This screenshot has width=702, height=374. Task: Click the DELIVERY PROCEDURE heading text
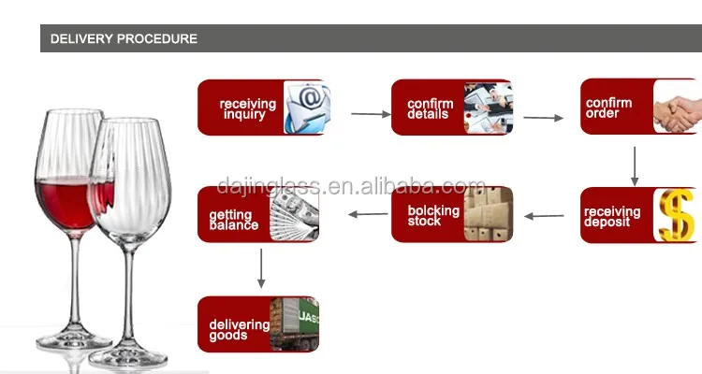pyautogui.click(x=124, y=39)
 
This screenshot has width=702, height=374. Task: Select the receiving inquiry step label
pyautogui.click(x=247, y=108)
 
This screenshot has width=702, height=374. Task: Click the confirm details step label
pyautogui.click(x=430, y=108)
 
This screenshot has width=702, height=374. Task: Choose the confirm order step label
pyautogui.click(x=608, y=108)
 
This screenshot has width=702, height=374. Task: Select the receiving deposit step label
pyautogui.click(x=612, y=217)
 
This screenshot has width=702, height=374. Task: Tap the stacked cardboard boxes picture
pyautogui.click(x=490, y=215)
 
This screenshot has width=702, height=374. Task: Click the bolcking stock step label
pyautogui.click(x=433, y=216)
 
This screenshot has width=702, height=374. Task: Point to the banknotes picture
pyautogui.click(x=294, y=215)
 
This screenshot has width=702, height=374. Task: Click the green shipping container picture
pyautogui.click(x=294, y=324)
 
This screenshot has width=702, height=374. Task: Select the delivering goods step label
pyautogui.click(x=239, y=329)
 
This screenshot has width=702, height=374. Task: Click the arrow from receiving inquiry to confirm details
pyautogui.click(x=371, y=114)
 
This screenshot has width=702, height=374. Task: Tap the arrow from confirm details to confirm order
pyautogui.click(x=543, y=118)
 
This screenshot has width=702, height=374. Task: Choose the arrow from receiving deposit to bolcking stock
pyautogui.click(x=544, y=216)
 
